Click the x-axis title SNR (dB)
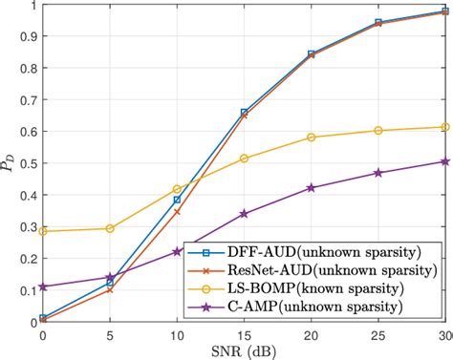244,351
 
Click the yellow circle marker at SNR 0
43,231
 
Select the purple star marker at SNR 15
245,213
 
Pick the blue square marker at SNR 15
245,113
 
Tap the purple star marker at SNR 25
378,173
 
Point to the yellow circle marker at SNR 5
110,228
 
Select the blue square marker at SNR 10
177,200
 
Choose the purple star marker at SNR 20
312,188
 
